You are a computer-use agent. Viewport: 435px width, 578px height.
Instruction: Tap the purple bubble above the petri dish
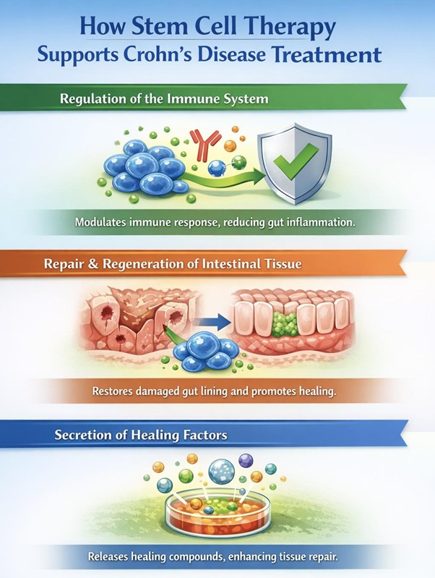(x=247, y=460)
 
